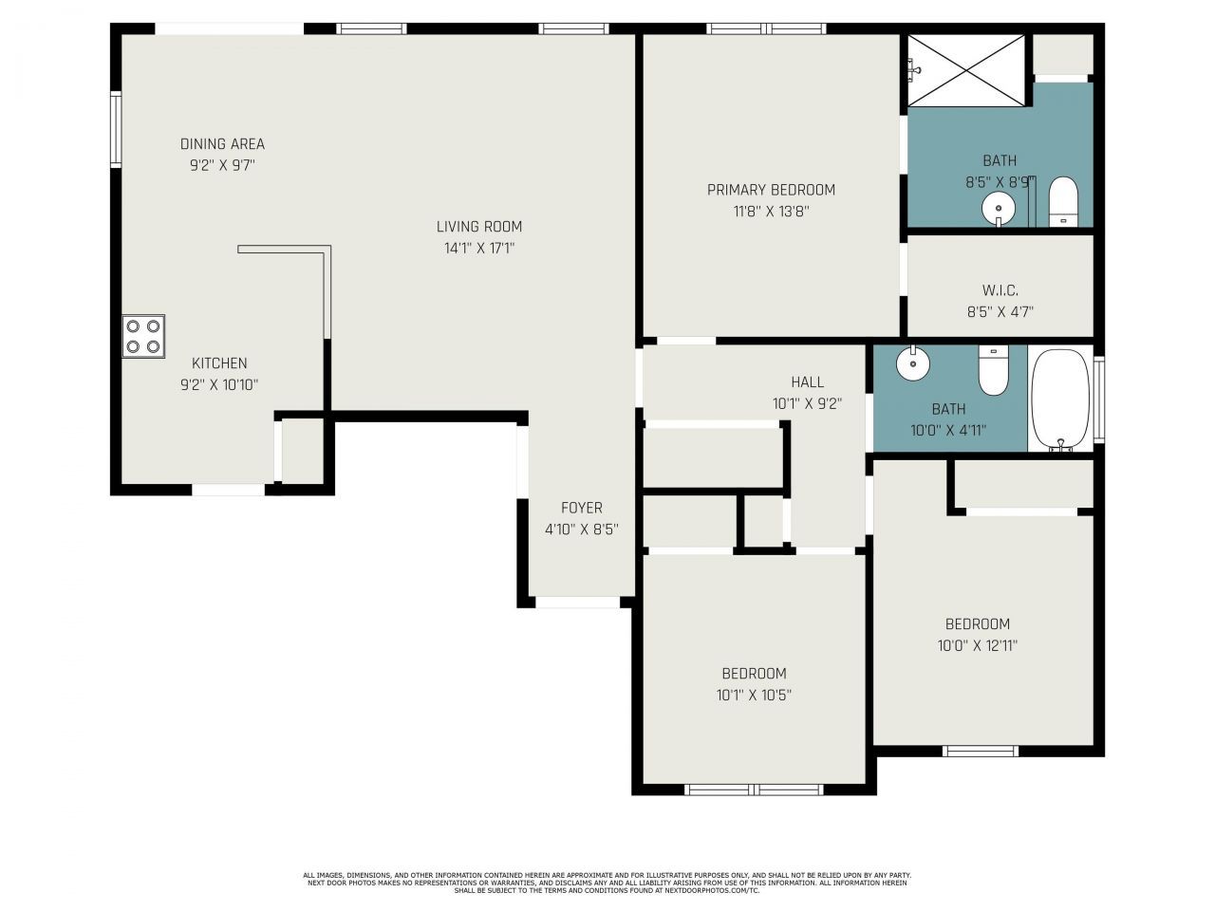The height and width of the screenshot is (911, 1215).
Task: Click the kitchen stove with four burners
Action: pos(143,336)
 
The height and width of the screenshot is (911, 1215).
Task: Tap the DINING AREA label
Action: pos(222,144)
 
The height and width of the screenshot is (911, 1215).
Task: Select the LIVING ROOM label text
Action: pos(478,227)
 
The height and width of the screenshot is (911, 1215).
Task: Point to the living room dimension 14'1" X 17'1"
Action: pos(478,249)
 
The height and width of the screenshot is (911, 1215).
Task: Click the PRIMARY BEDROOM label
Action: pos(771,190)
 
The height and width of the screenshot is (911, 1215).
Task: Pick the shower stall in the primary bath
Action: pos(966,70)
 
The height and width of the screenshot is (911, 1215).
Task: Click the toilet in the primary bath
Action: pos(1063,202)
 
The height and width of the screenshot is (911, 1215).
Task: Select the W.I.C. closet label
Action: pos(1000,290)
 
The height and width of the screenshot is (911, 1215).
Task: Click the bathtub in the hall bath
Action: pos(1060,399)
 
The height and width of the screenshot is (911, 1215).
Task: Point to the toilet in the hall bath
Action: pos(993,369)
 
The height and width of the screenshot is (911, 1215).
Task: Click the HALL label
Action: pos(807,382)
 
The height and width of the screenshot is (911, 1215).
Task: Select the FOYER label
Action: pos(581,508)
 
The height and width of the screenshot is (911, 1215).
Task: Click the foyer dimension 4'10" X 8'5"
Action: pos(581,530)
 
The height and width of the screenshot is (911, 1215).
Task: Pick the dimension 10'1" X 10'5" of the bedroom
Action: pos(754,695)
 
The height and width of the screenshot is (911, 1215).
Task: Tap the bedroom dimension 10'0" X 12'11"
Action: pos(977,645)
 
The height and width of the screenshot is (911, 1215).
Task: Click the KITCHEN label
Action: pos(219,363)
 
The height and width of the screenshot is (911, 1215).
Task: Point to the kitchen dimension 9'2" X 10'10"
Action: pos(219,384)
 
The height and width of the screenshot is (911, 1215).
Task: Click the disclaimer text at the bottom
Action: pos(607,883)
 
